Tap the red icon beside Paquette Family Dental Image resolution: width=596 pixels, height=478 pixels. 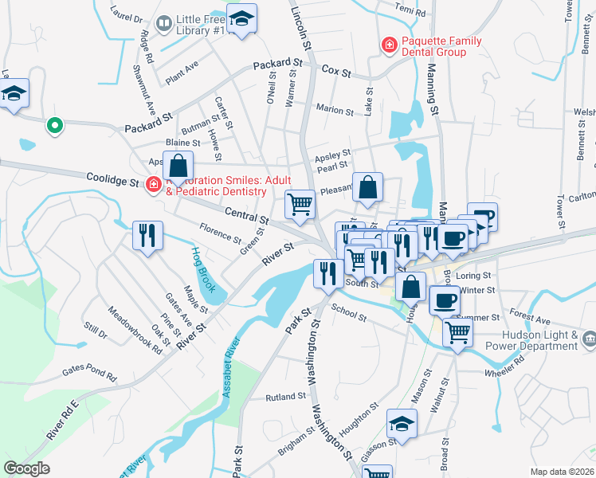coord(389,44)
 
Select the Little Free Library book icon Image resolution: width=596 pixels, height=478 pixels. coord(164,24)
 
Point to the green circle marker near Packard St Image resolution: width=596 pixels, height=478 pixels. coord(54,124)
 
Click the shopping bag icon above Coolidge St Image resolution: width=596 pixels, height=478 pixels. coord(179,166)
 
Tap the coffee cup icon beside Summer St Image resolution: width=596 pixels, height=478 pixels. coord(444,300)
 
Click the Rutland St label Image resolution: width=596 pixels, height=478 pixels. coord(286,396)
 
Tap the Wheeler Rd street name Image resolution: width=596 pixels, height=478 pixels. coord(507,364)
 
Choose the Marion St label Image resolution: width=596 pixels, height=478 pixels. coord(334,111)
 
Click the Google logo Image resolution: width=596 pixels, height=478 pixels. coord(27,468)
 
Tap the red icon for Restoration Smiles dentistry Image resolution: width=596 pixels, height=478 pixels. coord(153,186)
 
